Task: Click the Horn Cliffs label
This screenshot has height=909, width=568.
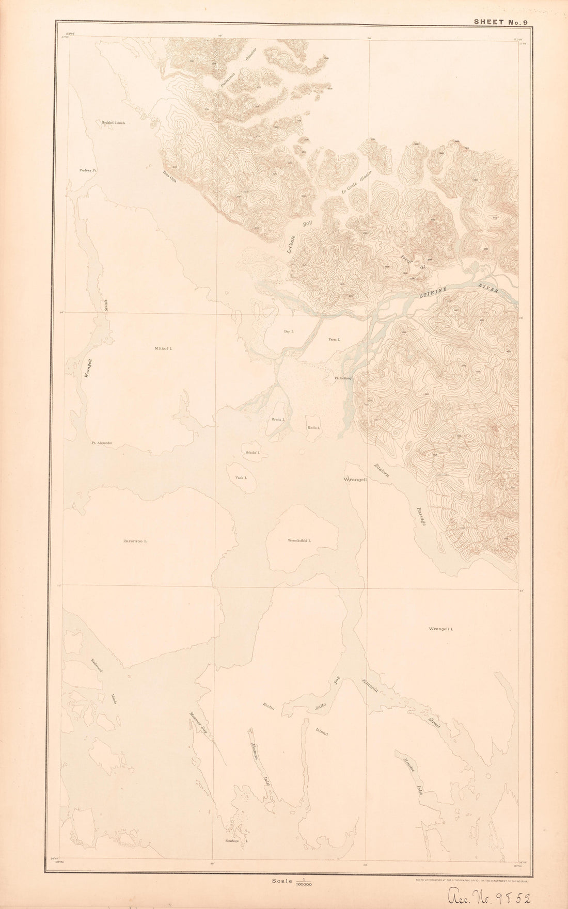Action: click(x=170, y=173)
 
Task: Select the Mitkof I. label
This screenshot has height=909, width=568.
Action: click(x=164, y=349)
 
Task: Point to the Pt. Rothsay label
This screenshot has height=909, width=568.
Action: click(x=343, y=378)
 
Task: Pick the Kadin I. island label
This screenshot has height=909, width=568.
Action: click(x=314, y=428)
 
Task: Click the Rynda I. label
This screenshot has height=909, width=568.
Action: click(x=279, y=420)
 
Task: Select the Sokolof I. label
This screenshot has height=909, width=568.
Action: click(x=253, y=452)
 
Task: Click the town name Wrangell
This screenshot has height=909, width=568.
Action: click(x=355, y=480)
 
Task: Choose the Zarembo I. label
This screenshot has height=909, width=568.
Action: click(x=135, y=541)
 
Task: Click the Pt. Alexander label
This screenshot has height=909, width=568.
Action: click(x=102, y=442)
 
